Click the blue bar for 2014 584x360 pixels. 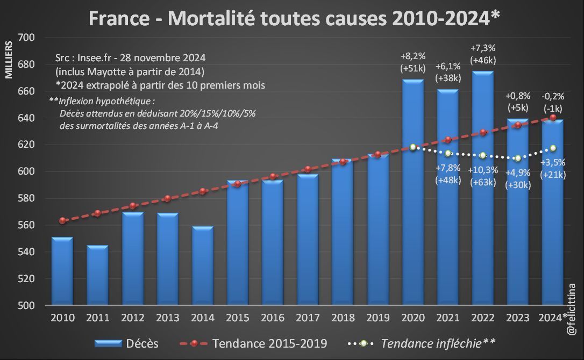tap(203, 266)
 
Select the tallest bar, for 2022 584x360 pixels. tap(482, 188)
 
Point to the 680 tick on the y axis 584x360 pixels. tap(26, 64)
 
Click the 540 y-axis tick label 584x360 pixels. tap(26, 252)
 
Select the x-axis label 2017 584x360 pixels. tap(308, 318)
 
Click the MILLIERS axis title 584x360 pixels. tap(9, 60)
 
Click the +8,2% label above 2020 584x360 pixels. tap(412, 56)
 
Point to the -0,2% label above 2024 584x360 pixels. tap(553, 97)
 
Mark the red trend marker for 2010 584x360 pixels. tap(62, 220)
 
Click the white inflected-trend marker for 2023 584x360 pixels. tap(517, 158)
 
